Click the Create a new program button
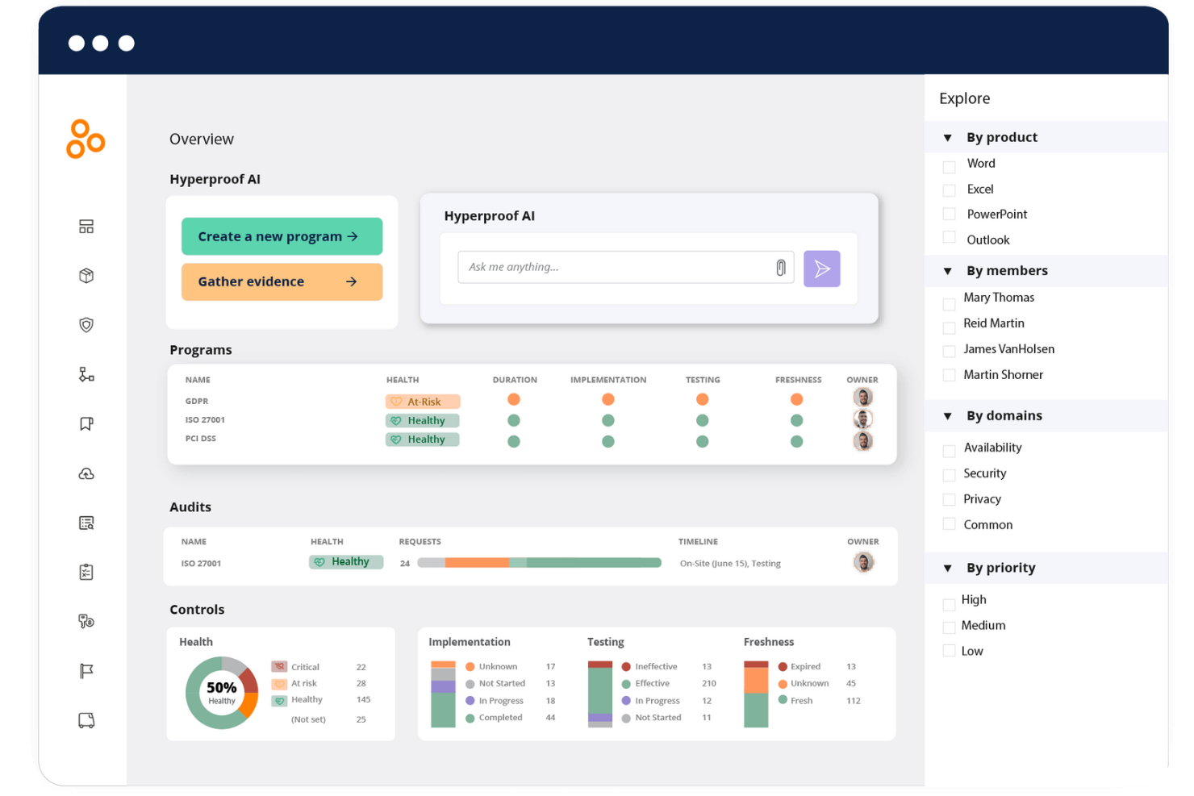pyautogui.click(x=282, y=236)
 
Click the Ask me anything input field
pyautogui.click(x=613, y=267)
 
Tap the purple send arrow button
pyautogui.click(x=821, y=269)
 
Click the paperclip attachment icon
pyautogui.click(x=780, y=268)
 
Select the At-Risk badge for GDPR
pyautogui.click(x=423, y=402)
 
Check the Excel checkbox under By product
pyautogui.click(x=949, y=190)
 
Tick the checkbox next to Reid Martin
pyautogui.click(x=949, y=327)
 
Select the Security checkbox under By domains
pyautogui.click(x=949, y=474)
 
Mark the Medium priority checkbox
pyautogui.click(x=949, y=627)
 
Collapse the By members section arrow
pyautogui.click(x=948, y=271)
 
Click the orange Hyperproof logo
pyautogui.click(x=86, y=139)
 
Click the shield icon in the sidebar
pyautogui.click(x=86, y=325)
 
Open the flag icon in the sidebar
pyautogui.click(x=86, y=671)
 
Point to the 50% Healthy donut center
pyautogui.click(x=222, y=692)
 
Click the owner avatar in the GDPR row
pyautogui.click(x=862, y=398)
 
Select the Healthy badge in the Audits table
pyautogui.click(x=346, y=562)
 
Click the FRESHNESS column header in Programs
pyautogui.click(x=798, y=380)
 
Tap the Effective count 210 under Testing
pyautogui.click(x=708, y=684)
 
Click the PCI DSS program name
pyautogui.click(x=201, y=439)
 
